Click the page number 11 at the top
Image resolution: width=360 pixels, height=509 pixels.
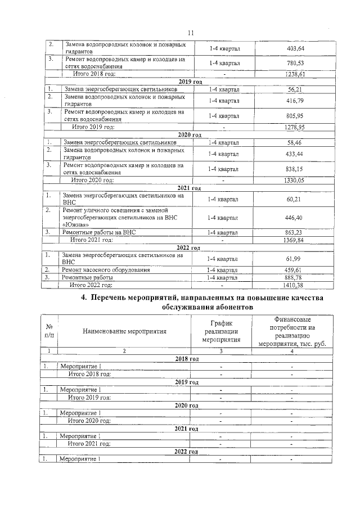tap(191, 33)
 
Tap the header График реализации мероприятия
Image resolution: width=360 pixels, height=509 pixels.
tap(221, 331)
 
